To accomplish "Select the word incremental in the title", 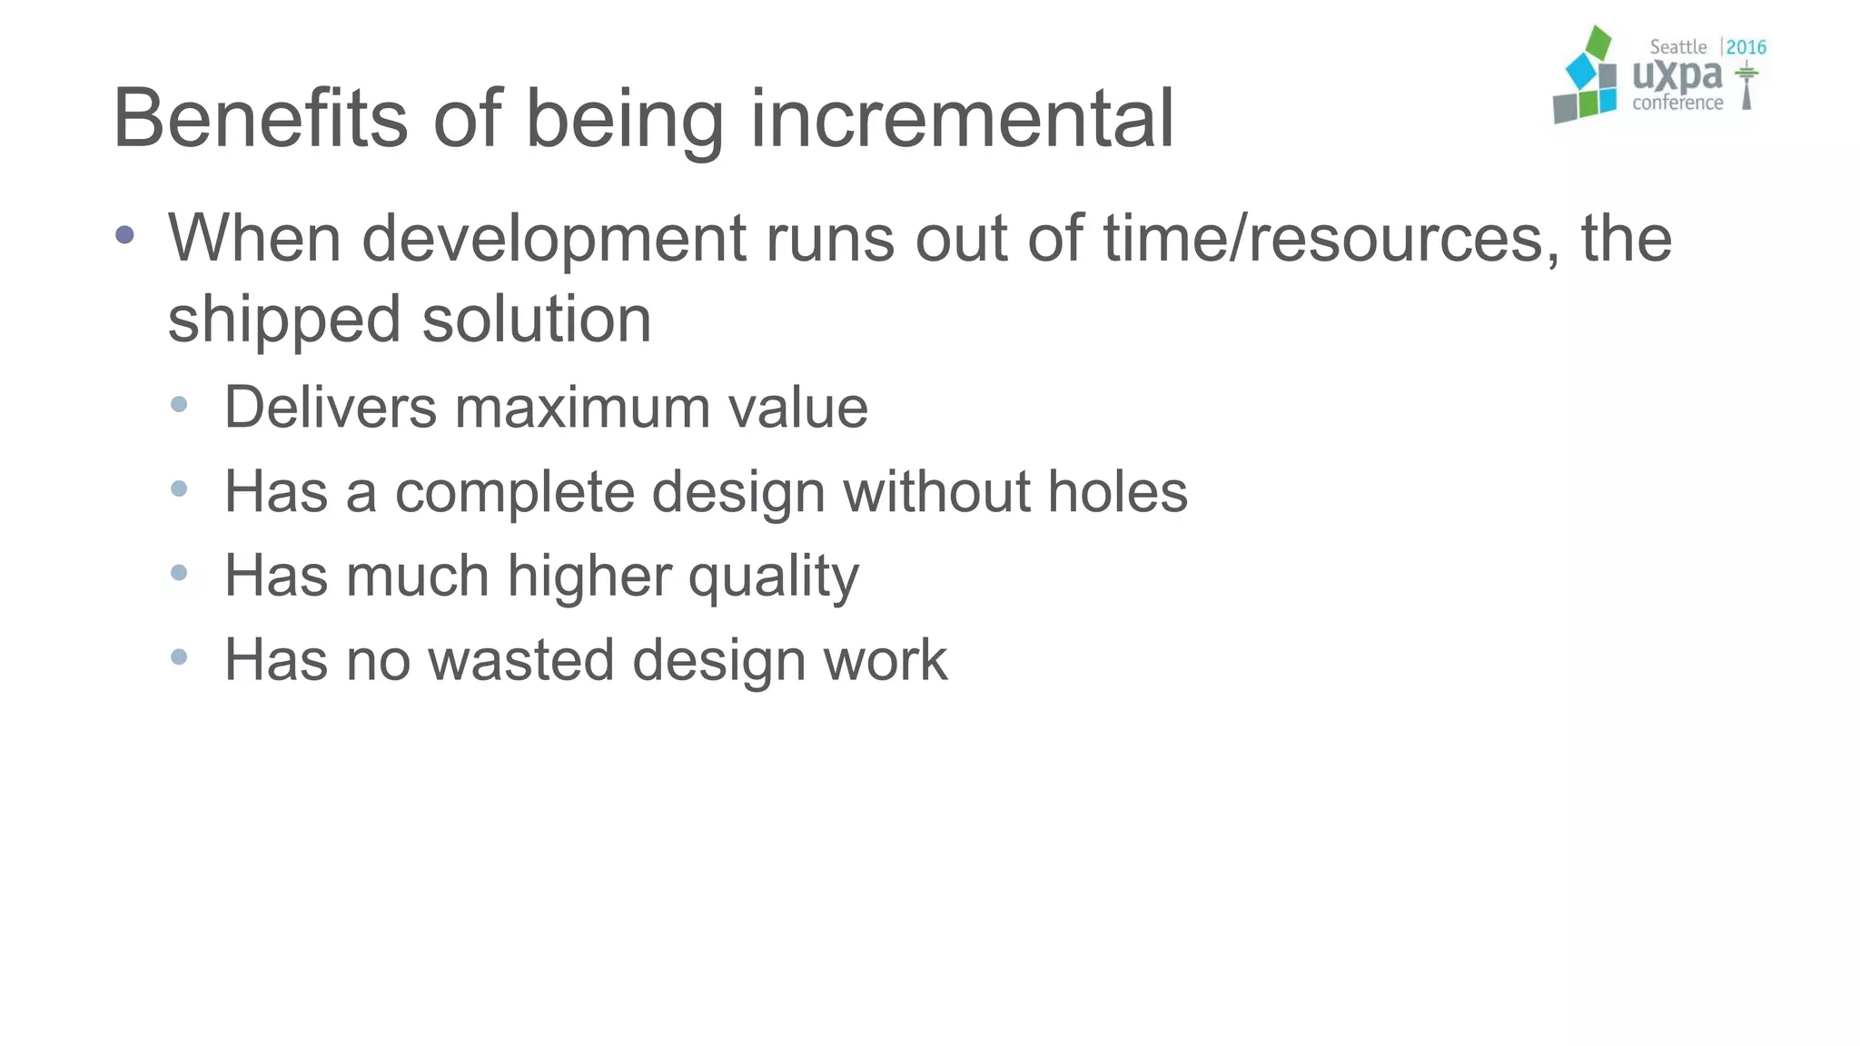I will coord(962,118).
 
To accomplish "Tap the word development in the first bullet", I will coord(554,239).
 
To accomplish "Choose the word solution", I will coord(537,320).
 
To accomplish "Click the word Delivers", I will coord(331,407).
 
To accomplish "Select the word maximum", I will coord(582,407).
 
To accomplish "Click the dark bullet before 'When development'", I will coord(125,236).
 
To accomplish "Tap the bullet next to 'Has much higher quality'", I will coord(179,573).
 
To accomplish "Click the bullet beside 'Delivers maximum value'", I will coord(179,405).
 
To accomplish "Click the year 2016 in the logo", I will coord(1746,47).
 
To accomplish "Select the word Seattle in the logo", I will coord(1677,47).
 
